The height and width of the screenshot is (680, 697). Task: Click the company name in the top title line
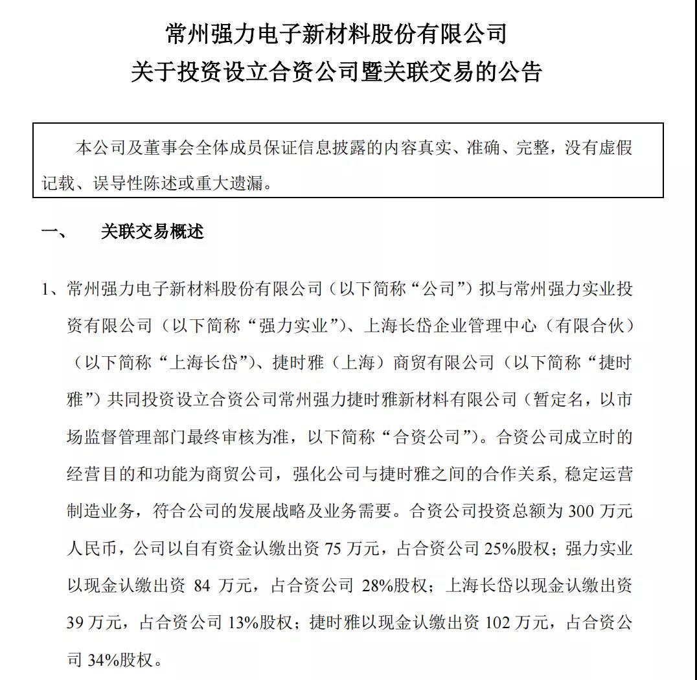coord(336,34)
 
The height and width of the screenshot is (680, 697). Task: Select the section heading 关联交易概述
coord(152,232)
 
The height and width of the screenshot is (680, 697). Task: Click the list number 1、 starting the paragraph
coord(53,288)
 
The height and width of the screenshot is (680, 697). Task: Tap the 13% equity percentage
coord(242,624)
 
